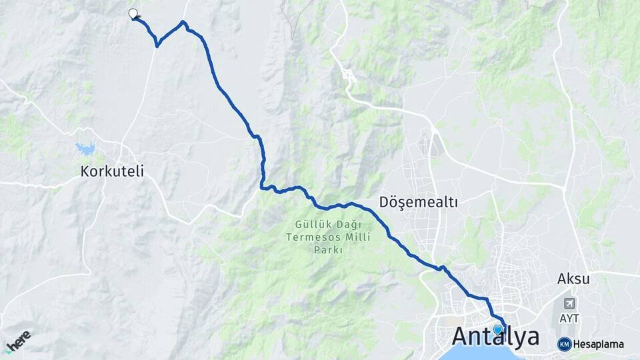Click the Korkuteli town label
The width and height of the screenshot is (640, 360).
tap(112, 171)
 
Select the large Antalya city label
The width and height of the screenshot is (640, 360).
tap(496, 337)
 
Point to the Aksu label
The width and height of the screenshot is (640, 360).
tap(573, 279)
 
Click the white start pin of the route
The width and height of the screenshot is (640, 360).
tap(133, 13)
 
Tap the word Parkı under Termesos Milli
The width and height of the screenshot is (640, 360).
tap(327, 250)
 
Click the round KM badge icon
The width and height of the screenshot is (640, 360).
tap(564, 344)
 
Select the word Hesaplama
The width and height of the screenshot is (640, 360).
tap(598, 345)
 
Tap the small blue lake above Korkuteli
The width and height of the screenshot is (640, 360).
tap(85, 148)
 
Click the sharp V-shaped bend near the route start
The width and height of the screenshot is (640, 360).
tap(157, 45)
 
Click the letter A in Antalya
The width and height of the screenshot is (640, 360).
tap(464, 337)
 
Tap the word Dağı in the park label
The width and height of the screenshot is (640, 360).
tap(331, 225)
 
